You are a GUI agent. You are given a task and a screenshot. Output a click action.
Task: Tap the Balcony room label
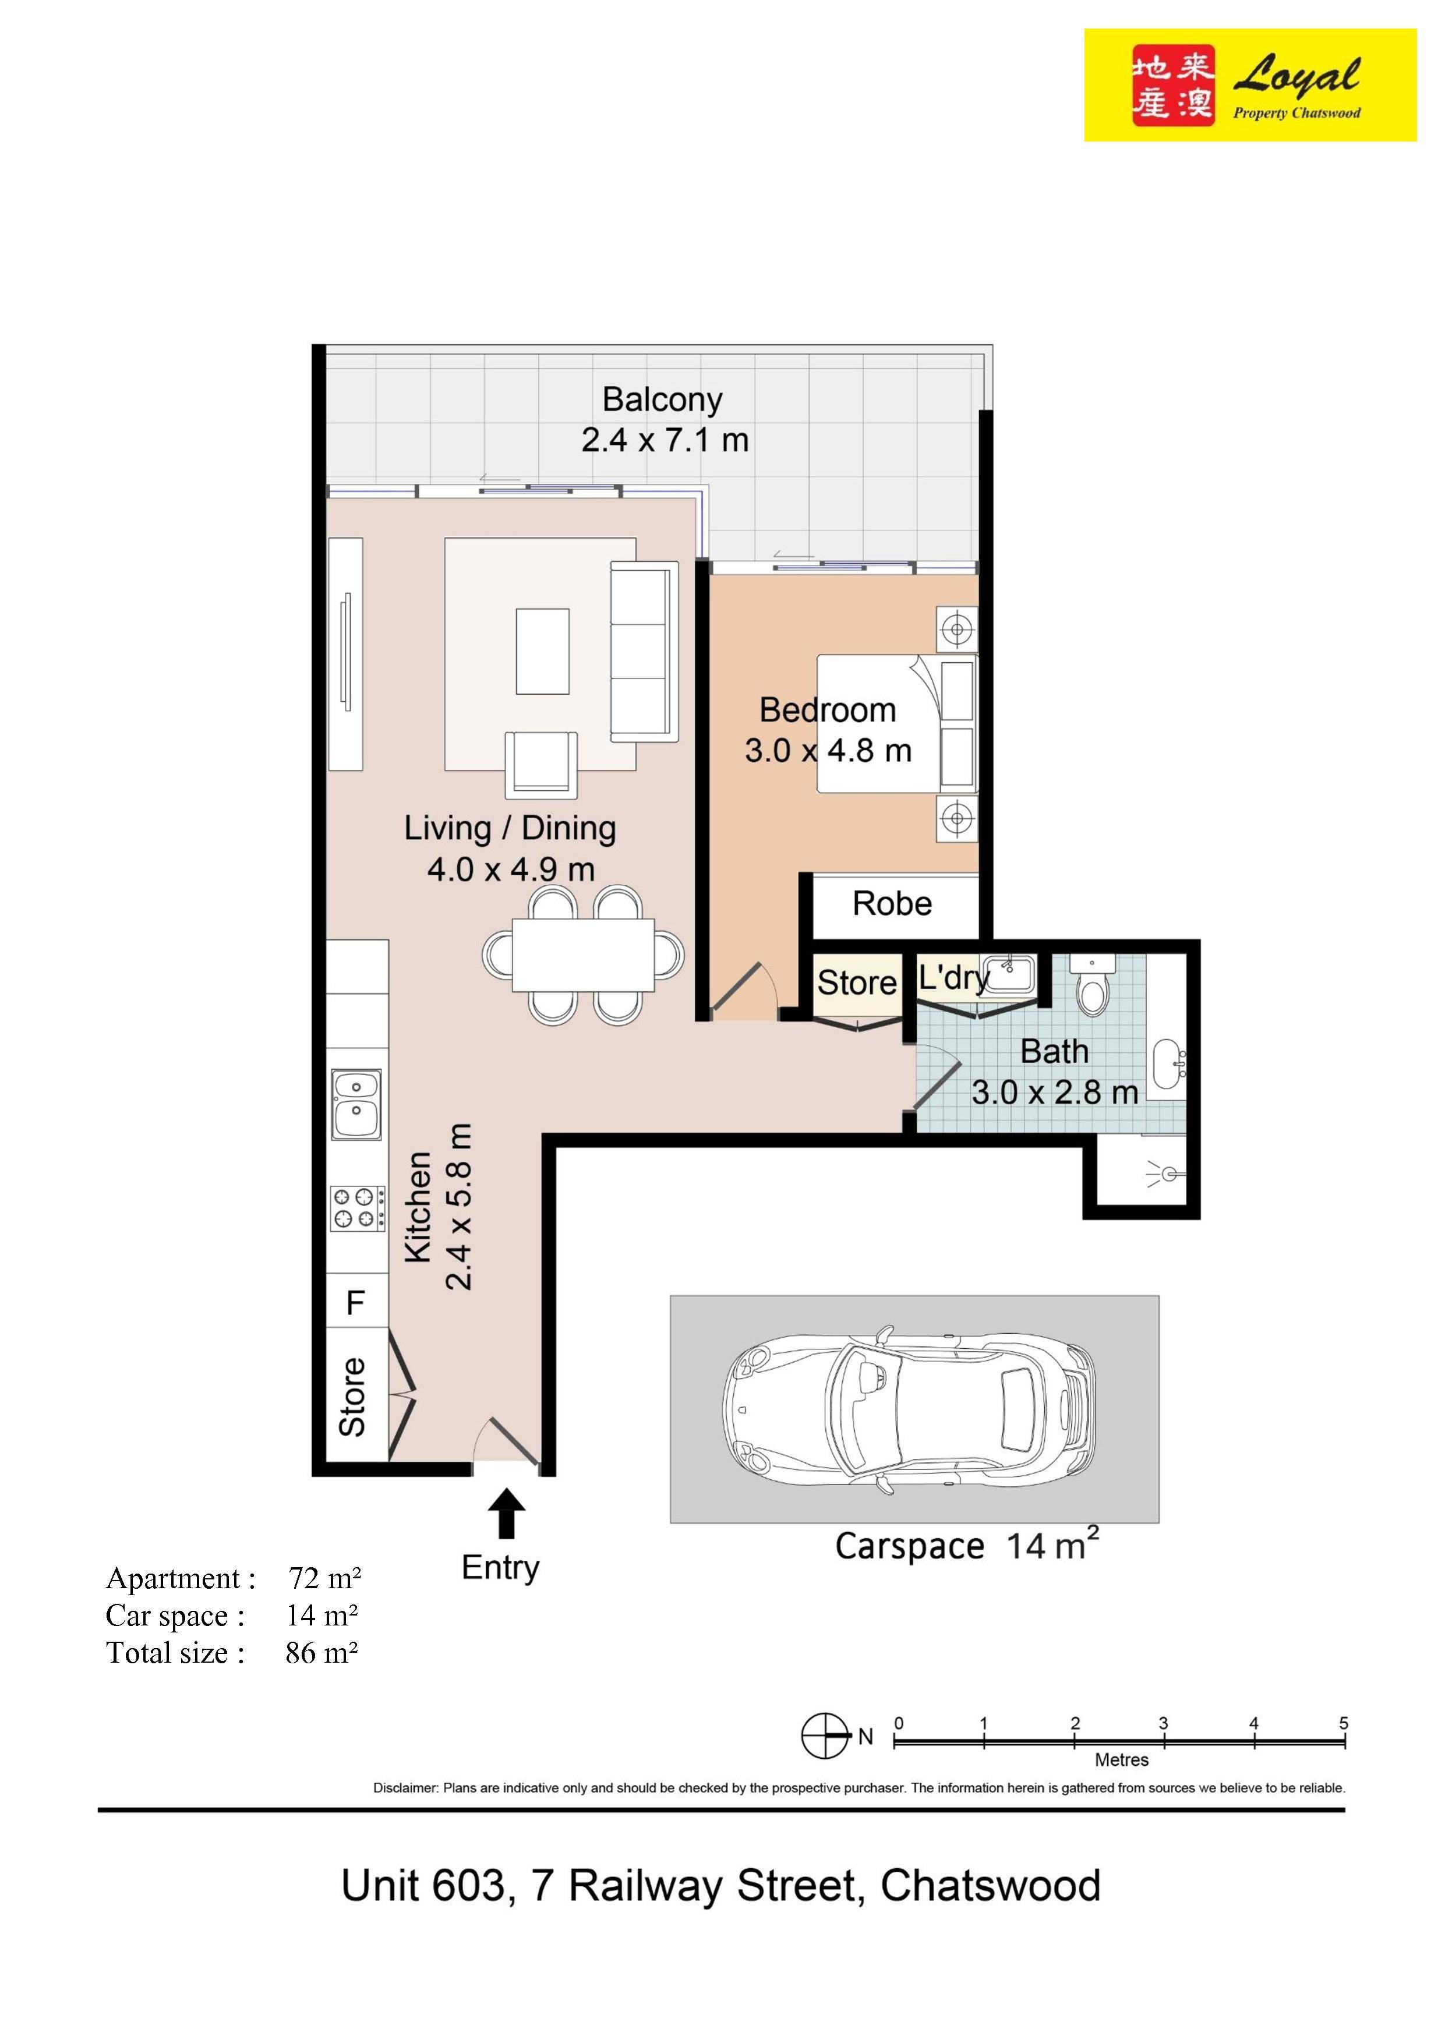pyautogui.click(x=662, y=400)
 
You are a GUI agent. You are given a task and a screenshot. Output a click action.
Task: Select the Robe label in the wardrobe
pyautogui.click(x=892, y=904)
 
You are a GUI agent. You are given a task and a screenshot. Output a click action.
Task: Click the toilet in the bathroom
pyautogui.click(x=1091, y=988)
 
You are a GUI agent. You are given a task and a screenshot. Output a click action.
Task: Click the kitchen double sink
pyautogui.click(x=356, y=1104)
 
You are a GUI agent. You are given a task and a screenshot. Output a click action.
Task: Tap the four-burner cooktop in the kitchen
pyautogui.click(x=358, y=1208)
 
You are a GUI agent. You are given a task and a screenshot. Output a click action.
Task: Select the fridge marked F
pyautogui.click(x=356, y=1303)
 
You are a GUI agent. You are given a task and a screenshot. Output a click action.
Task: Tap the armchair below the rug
pyautogui.click(x=541, y=764)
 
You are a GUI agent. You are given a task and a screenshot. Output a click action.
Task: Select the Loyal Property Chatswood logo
pyautogui.click(x=1249, y=86)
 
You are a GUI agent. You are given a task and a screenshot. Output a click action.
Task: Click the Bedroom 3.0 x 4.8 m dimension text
pyautogui.click(x=828, y=751)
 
